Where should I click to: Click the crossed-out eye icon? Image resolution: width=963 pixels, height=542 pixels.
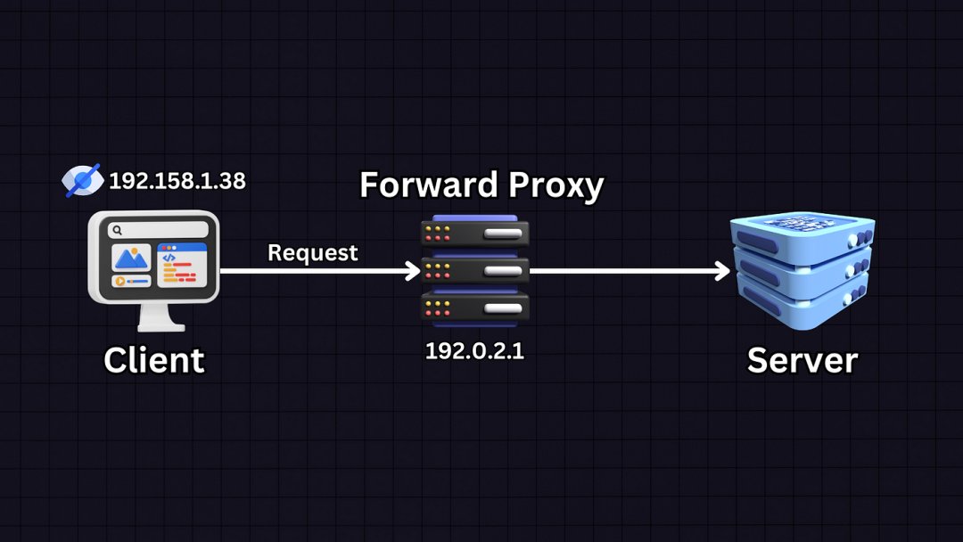(83, 180)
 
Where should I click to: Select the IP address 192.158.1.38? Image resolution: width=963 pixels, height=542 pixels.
(177, 181)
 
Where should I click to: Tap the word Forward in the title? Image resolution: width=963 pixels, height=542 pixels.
(428, 185)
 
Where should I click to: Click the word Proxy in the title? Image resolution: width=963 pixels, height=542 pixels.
(555, 185)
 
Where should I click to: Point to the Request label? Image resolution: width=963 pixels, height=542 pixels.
(312, 253)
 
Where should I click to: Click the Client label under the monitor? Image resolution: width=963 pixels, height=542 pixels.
(154, 360)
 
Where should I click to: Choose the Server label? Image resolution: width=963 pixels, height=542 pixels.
(802, 360)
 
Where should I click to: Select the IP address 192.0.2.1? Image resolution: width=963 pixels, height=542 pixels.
(474, 351)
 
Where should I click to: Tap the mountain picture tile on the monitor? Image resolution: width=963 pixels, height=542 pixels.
(132, 258)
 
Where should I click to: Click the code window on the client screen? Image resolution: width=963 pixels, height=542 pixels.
(181, 265)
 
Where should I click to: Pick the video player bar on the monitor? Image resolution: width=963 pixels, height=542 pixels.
(132, 282)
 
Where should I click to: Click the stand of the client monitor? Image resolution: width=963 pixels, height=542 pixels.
(153, 317)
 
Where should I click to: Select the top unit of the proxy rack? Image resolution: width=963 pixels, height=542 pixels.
(474, 234)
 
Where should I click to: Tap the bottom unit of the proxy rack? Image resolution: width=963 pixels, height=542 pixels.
(474, 308)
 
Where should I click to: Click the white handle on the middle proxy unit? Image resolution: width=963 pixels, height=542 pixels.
(503, 271)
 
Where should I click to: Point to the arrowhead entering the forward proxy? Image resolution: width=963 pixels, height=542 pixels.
(414, 270)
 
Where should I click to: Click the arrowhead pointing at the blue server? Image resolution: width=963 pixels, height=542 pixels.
(723, 270)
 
